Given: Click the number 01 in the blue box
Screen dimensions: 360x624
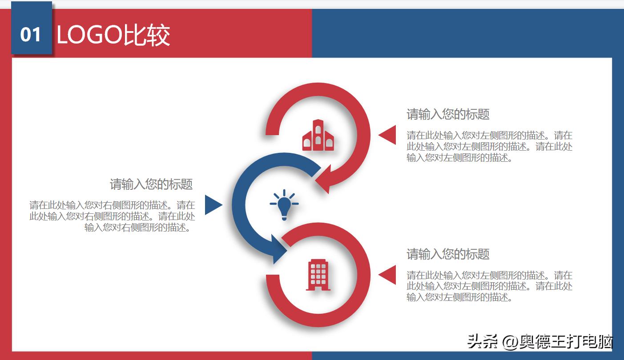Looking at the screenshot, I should [x=31, y=35].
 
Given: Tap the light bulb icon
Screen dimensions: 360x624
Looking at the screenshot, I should [x=284, y=205].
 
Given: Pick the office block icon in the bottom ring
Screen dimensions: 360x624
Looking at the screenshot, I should [x=318, y=275].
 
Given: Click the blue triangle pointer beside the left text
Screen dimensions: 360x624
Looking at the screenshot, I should [x=213, y=205].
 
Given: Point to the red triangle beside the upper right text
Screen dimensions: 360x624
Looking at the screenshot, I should [x=388, y=135].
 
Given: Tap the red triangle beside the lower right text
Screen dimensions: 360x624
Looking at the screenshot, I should [x=388, y=275].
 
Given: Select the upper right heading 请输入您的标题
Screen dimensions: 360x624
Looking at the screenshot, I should [x=448, y=115].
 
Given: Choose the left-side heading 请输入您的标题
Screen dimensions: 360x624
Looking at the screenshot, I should [x=151, y=184].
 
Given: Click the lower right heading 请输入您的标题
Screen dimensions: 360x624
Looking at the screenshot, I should [x=448, y=254].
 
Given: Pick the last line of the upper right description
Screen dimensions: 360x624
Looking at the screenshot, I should [x=459, y=157].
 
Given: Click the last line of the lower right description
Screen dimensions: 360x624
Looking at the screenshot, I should [x=459, y=297].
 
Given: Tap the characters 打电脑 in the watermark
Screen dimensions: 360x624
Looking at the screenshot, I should [x=592, y=342].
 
